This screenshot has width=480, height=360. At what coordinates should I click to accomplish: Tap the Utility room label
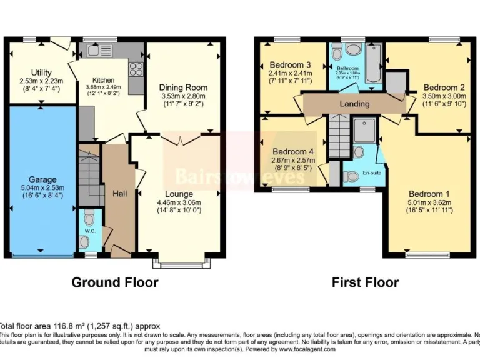coord(41,73)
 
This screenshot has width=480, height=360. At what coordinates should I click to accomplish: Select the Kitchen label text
coord(103,81)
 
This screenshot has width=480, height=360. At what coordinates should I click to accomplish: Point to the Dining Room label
coord(182,87)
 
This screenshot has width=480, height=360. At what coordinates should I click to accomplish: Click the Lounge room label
coord(179,194)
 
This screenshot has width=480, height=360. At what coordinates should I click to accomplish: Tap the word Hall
coord(119,194)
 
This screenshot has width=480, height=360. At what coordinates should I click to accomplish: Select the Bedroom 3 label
coord(290,64)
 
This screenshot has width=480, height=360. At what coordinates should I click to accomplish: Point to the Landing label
coord(354,103)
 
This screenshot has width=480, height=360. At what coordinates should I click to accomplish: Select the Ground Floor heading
coord(115,282)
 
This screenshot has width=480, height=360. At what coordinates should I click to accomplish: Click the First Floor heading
coord(365,282)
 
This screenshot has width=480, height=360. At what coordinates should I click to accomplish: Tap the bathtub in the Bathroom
coord(374,63)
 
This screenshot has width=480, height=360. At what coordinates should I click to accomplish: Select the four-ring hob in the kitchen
coord(136,69)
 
